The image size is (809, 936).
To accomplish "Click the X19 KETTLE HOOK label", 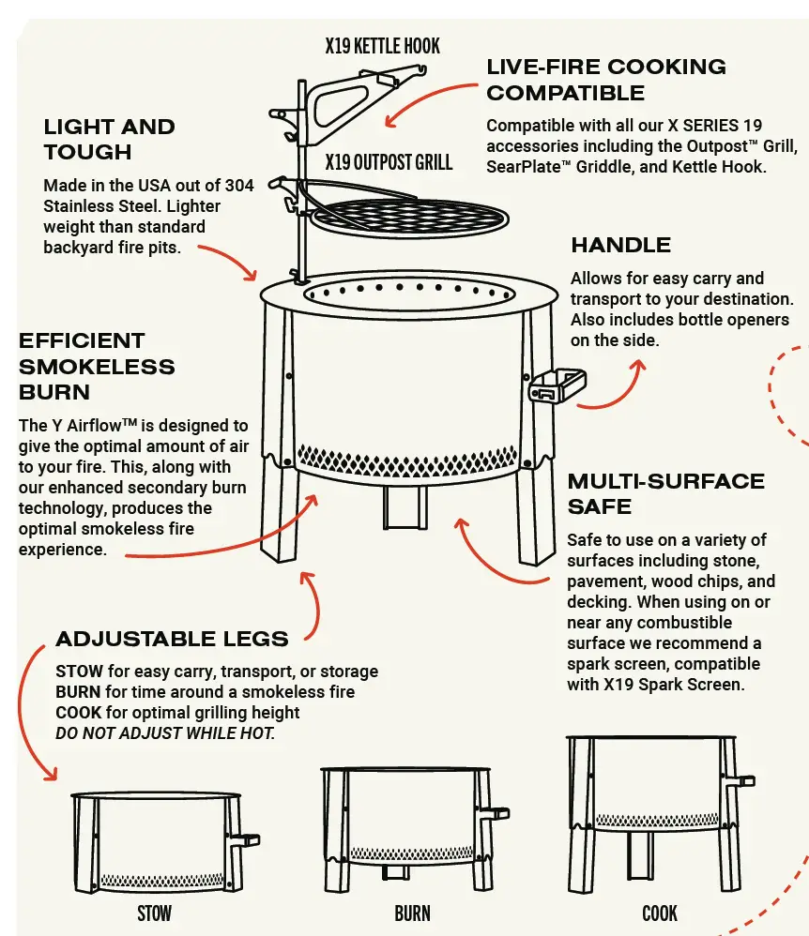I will (x=382, y=45).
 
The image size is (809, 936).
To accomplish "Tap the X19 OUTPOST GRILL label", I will (x=389, y=162).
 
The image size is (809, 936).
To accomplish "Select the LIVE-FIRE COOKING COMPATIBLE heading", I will (x=605, y=80).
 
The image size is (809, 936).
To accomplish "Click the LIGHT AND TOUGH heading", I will (x=109, y=139).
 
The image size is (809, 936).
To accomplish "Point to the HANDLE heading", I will (x=620, y=246).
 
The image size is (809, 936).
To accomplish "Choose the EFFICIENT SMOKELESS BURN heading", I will (x=97, y=366).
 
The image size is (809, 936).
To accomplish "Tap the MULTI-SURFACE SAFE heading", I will (x=665, y=494).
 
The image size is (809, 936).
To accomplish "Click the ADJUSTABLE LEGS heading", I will (x=172, y=640).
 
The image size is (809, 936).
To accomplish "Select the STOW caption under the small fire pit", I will (x=154, y=912).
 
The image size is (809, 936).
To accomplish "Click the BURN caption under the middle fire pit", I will (x=412, y=912).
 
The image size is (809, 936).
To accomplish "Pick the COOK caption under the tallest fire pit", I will (x=660, y=912).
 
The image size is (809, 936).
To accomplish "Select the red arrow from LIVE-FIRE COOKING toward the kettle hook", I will (x=432, y=99).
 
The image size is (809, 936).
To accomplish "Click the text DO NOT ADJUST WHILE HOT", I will (x=165, y=733).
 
